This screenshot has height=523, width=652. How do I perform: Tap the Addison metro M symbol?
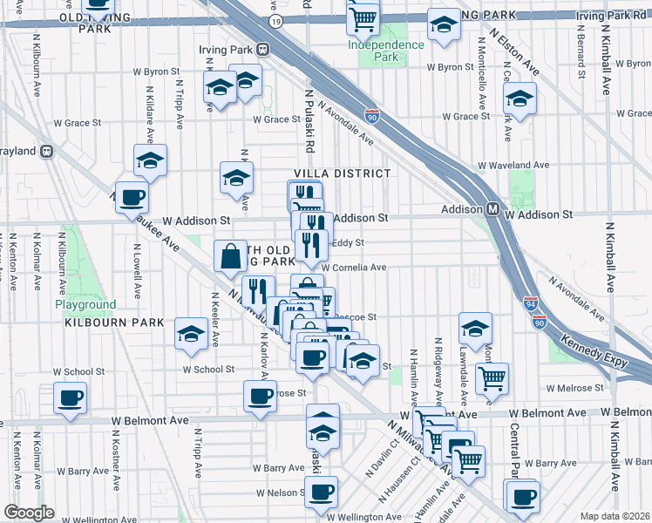[x=492, y=209]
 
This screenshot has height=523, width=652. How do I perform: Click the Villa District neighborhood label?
[x=342, y=173]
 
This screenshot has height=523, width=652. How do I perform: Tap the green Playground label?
[x=85, y=304]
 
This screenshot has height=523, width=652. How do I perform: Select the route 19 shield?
[x=276, y=19]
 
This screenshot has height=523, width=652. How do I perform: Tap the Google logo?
[x=29, y=513]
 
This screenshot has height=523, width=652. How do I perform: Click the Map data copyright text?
[x=614, y=516]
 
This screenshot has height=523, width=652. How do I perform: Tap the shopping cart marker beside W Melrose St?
[x=492, y=379]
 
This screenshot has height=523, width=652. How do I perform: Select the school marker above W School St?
[x=192, y=334]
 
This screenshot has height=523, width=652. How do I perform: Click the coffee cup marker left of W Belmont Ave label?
[x=69, y=398]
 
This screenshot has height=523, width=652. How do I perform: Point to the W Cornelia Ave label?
[x=354, y=268]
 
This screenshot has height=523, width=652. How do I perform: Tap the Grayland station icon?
[x=47, y=151]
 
